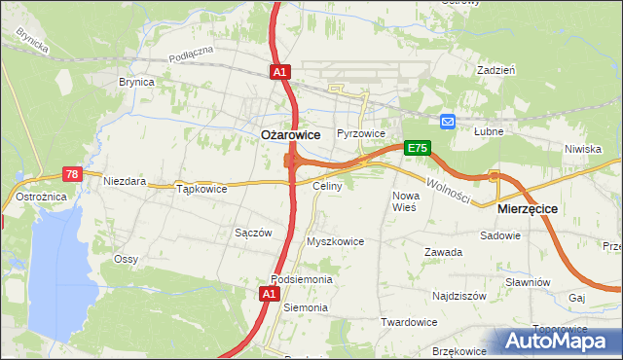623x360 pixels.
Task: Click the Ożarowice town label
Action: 292,136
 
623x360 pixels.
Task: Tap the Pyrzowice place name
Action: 361,133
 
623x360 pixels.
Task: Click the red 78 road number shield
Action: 71,174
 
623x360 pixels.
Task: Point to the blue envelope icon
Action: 447,122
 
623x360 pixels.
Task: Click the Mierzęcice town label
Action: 526,208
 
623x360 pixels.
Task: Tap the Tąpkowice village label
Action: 202,189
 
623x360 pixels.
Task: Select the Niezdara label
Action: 125,181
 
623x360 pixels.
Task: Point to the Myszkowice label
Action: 335,241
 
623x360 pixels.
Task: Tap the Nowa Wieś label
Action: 404,201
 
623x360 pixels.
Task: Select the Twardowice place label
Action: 408,321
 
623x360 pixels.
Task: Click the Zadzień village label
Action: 495,70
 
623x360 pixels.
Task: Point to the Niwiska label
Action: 582,149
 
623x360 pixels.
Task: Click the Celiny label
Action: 326,185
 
